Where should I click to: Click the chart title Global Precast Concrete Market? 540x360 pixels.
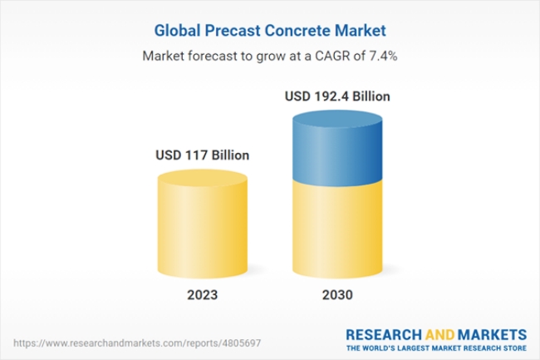270,31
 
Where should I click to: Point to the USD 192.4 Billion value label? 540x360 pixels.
337,96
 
